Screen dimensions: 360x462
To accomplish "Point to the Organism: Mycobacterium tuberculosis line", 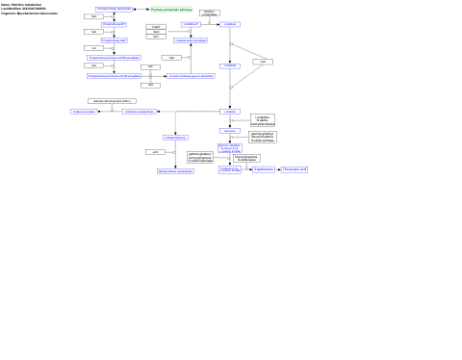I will tap(30, 13).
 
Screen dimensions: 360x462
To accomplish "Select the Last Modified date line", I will tap(24, 9).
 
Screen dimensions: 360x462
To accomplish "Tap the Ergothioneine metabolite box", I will tap(264, 169).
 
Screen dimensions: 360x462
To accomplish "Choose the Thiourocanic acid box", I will tap(295, 169).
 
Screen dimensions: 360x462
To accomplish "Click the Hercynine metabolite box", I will tap(229, 130).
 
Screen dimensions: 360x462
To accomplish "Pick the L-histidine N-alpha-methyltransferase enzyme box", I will tap(263, 120).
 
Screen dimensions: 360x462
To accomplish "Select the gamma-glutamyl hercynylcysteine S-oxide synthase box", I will tap(263, 137).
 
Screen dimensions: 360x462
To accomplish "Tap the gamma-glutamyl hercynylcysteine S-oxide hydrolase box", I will tap(200, 156).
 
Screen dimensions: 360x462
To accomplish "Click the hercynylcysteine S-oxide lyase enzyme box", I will tap(246, 158).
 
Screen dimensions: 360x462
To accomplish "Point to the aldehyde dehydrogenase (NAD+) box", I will tap(112, 100).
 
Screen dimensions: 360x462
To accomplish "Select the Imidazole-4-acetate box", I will tap(84, 112).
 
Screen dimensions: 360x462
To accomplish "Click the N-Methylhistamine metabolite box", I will tap(176, 138).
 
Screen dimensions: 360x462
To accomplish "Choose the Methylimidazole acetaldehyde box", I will tap(176, 171).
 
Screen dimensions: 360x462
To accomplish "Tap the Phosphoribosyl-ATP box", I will tap(114, 24).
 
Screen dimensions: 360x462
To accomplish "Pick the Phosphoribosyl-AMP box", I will tap(114, 41).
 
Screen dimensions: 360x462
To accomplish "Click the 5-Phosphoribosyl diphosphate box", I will tap(114, 9).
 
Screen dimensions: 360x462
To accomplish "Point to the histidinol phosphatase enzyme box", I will tap(210, 13).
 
